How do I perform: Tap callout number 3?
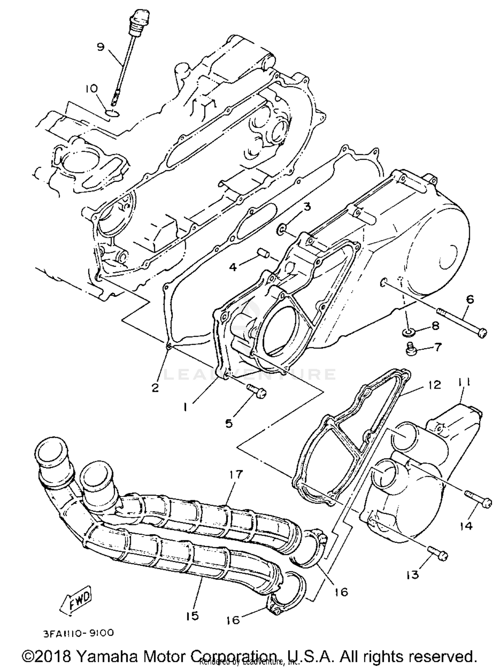click(x=306, y=207)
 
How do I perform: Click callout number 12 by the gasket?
click(x=433, y=385)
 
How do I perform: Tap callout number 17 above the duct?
click(x=236, y=474)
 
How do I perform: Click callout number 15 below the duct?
click(x=192, y=615)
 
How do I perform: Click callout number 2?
click(x=155, y=388)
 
